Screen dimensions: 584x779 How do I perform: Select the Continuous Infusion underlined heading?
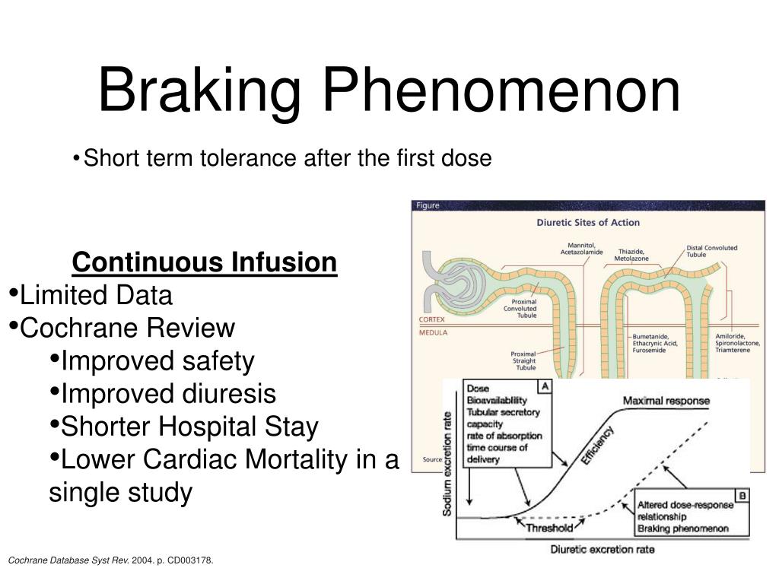tap(205, 262)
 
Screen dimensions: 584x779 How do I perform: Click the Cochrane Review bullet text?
tap(128, 328)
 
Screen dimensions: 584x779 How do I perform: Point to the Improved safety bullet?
tap(157, 362)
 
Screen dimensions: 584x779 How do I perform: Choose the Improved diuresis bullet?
tap(168, 395)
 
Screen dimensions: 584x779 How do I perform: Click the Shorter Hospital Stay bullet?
tap(189, 427)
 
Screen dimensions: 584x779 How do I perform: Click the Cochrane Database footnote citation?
tap(110, 560)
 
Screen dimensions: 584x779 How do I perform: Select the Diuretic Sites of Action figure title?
tap(588, 223)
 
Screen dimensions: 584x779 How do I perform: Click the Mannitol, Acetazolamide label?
tap(581, 249)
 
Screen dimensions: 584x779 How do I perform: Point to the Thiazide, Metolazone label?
tap(631, 255)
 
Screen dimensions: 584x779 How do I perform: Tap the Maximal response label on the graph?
tap(666, 401)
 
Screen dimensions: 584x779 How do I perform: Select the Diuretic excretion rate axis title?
tap(602, 549)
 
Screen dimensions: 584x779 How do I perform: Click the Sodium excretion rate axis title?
tap(448, 461)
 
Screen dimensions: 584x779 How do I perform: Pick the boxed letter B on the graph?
tap(742, 495)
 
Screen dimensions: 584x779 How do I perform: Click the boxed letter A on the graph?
tap(545, 386)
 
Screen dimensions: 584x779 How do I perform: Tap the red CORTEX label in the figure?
tap(431, 320)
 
